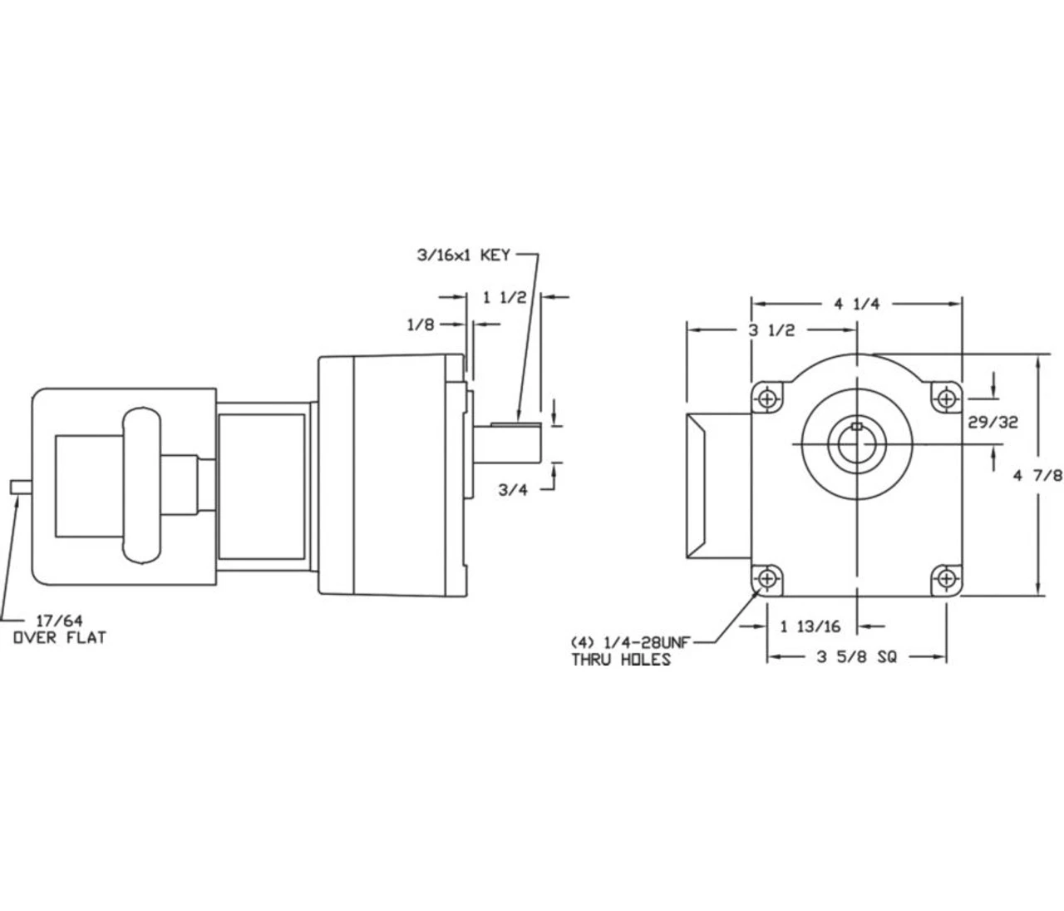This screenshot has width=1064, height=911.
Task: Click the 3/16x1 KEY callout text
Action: pyautogui.click(x=462, y=255)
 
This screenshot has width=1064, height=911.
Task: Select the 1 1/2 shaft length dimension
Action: pyautogui.click(x=505, y=296)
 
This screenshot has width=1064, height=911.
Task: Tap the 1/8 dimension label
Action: pyautogui.click(x=421, y=325)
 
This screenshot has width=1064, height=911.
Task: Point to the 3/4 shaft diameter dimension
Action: pyautogui.click(x=513, y=489)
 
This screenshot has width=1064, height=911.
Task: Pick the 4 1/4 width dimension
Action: pyautogui.click(x=856, y=304)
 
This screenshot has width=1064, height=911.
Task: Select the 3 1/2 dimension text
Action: pyautogui.click(x=771, y=330)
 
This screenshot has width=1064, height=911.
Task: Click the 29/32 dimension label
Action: pyautogui.click(x=993, y=422)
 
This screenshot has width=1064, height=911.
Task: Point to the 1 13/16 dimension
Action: pyautogui.click(x=810, y=626)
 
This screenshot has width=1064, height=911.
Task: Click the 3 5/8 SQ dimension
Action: pyautogui.click(x=856, y=657)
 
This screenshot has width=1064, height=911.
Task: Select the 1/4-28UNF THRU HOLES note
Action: pyautogui.click(x=629, y=651)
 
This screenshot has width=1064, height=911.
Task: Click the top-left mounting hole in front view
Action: pyautogui.click(x=766, y=398)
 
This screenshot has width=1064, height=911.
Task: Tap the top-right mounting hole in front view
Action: pyautogui.click(x=946, y=398)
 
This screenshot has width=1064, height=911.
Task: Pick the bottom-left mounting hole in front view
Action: pyautogui.click(x=766, y=577)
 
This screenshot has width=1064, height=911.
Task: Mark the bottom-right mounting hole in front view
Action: pyautogui.click(x=946, y=577)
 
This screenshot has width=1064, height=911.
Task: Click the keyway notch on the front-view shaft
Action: pyautogui.click(x=856, y=428)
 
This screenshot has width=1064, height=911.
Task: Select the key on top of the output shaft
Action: pyautogui.click(x=515, y=425)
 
